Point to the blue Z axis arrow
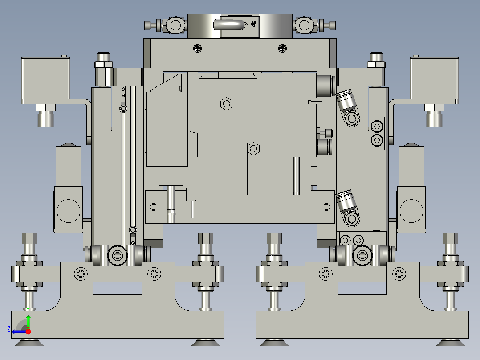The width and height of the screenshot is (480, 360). (19, 331)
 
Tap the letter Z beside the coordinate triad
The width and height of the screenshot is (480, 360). (9, 329)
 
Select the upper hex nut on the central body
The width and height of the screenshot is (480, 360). (227, 104)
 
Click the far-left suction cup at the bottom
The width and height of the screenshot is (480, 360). (29, 342)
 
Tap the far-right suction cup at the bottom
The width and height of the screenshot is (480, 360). (451, 342)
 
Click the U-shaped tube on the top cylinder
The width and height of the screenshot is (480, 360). (230, 24)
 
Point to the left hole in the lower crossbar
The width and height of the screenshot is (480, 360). (154, 207)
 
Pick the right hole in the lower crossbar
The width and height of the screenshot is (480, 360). (326, 207)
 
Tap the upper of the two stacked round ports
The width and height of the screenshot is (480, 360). (377, 126)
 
